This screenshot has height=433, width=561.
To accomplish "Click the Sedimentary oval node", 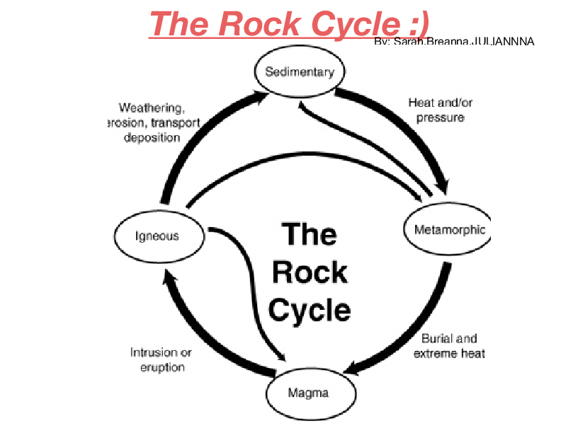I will click(x=299, y=72).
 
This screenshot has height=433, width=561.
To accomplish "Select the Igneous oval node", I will click(x=157, y=236).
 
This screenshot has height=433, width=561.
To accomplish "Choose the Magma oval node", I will click(x=308, y=392).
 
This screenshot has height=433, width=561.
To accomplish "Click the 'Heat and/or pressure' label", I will click(x=440, y=110).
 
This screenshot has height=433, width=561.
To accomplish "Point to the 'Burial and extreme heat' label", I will click(x=449, y=346).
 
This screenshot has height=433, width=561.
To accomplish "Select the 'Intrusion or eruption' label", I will click(x=160, y=359).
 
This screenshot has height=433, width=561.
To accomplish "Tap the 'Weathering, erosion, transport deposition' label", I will click(x=152, y=122).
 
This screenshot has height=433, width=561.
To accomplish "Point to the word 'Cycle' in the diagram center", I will click(x=310, y=310).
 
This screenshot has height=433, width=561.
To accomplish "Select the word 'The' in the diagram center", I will click(x=310, y=233).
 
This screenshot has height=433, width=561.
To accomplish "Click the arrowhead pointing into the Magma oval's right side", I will click(x=351, y=369).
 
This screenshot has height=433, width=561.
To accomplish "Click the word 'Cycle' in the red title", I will click(x=352, y=24).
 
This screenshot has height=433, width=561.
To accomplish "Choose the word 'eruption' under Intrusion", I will click(x=162, y=367).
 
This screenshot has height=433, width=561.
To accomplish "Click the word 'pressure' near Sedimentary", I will click(x=440, y=117).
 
